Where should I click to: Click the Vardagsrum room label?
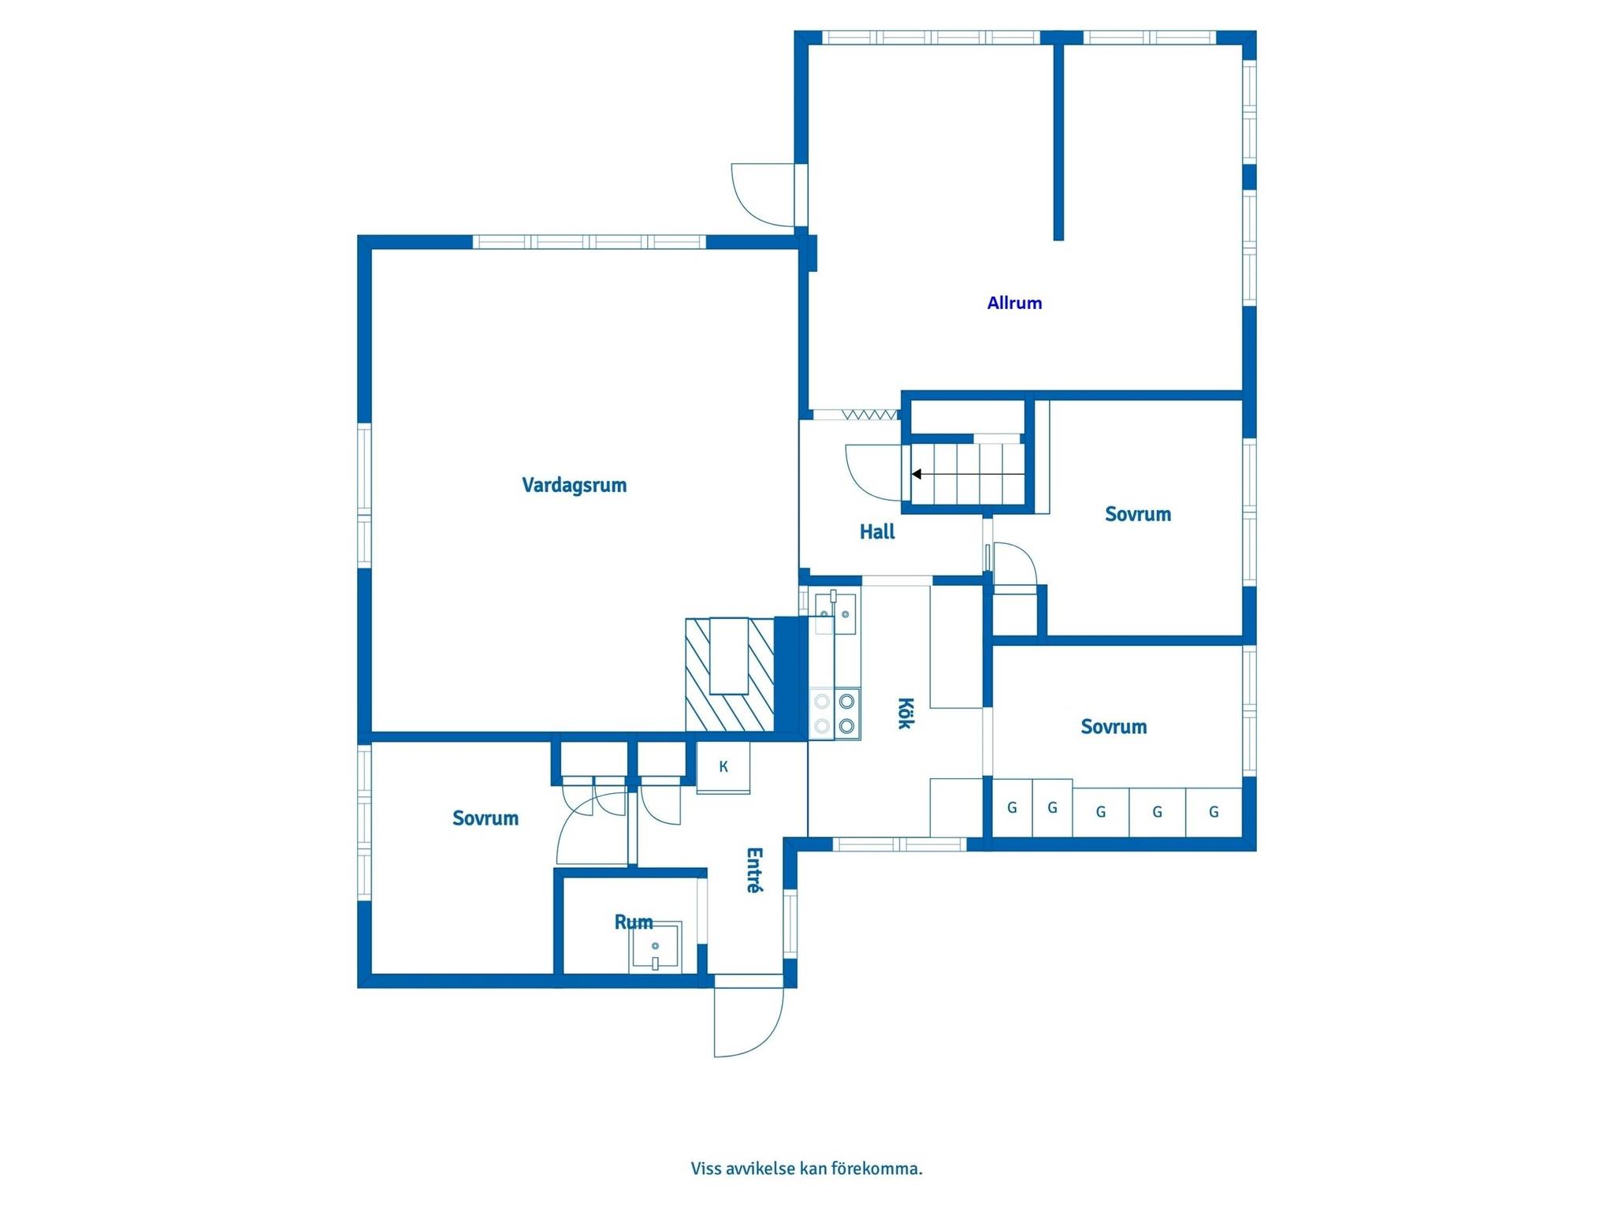pos(575,485)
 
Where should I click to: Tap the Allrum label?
pos(1014,303)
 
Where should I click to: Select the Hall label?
pos(877,532)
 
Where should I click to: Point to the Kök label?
pos(906,713)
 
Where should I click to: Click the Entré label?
pos(754,870)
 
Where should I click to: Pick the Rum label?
pos(634,922)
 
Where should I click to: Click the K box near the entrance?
pos(723,767)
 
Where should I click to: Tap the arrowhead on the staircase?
pos(917,474)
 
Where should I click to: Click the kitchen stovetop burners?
pos(835,714)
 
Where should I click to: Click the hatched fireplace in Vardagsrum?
pos(730,674)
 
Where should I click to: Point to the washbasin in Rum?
pos(655,947)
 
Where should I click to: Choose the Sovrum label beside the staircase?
pos(1137,514)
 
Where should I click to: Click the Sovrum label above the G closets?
pos(1113,726)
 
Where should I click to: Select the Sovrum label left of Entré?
pos(485,818)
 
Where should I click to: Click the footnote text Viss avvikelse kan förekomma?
pos(806,1168)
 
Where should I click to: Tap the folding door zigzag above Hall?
pos(870,414)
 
